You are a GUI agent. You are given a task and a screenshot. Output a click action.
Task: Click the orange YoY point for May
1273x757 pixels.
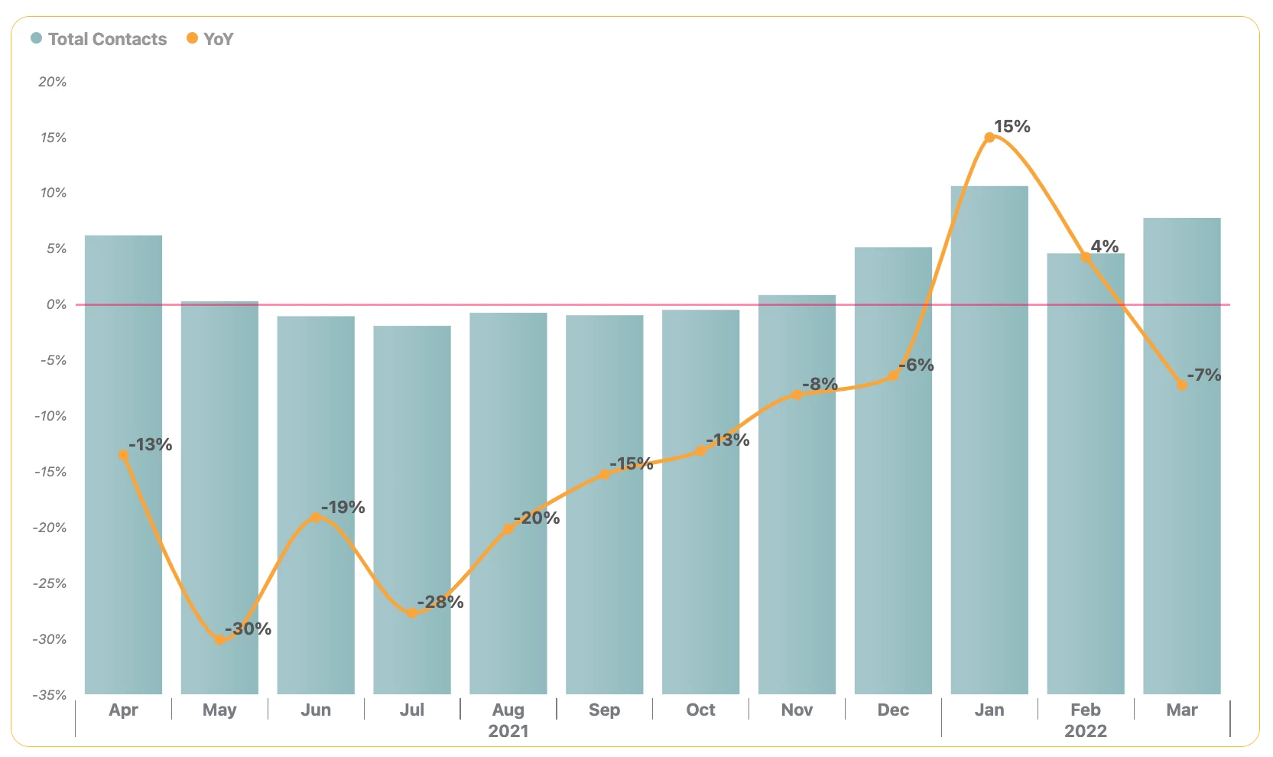(x=219, y=639)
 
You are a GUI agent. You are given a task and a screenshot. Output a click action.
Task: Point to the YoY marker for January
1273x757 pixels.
(x=989, y=138)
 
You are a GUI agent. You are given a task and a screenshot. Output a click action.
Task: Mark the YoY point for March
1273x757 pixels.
(x=1182, y=385)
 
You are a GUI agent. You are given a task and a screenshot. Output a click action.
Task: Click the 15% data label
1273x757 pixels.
(x=1012, y=126)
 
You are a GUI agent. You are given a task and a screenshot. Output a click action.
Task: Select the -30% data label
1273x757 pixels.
(x=248, y=629)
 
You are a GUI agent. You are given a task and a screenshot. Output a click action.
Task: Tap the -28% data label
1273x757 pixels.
(x=441, y=602)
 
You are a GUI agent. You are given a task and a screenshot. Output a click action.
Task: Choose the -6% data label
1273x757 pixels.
(x=917, y=365)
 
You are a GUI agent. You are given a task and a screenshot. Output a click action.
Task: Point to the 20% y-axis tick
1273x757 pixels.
(x=52, y=82)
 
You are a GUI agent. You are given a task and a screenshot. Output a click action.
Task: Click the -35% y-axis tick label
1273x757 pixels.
(x=50, y=695)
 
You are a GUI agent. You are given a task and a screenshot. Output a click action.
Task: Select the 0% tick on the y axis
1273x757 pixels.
(x=56, y=304)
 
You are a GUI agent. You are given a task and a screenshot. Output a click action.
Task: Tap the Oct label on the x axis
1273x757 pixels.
(x=700, y=710)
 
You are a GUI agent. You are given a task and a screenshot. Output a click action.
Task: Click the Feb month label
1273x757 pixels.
(x=1086, y=710)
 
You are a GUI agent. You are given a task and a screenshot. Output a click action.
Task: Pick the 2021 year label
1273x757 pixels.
(x=508, y=731)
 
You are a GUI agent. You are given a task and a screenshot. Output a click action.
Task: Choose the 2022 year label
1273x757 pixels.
(x=1086, y=731)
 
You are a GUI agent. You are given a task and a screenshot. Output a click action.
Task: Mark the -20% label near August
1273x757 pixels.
(x=537, y=518)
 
